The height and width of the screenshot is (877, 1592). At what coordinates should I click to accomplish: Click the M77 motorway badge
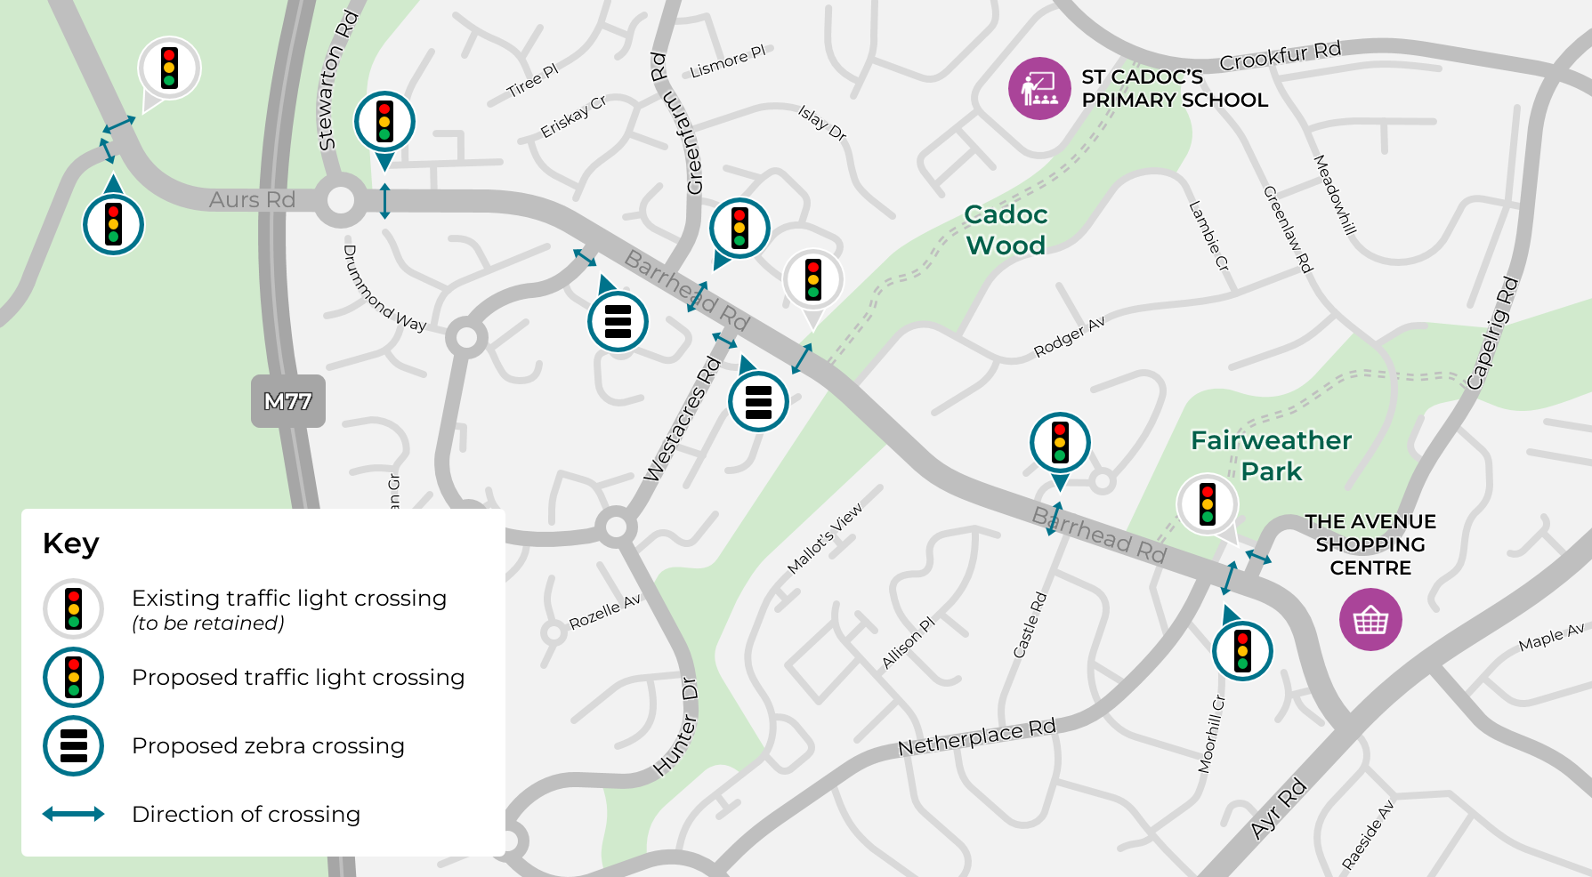point(287,401)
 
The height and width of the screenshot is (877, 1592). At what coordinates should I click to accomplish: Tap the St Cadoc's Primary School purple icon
point(1038,88)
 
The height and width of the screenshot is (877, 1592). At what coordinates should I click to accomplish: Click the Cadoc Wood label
point(1006,229)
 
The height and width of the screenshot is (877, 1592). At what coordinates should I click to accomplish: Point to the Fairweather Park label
point(1271,455)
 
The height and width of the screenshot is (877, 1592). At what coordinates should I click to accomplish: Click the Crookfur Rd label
point(1280,56)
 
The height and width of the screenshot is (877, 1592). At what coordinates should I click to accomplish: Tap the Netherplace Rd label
point(976,737)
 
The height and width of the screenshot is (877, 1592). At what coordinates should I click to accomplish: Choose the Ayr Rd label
point(1279,808)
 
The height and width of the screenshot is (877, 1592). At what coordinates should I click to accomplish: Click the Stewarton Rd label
point(338,80)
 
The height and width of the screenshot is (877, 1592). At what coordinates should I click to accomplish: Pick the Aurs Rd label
point(252,200)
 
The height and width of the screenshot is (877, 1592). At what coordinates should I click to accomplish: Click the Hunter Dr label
point(676,727)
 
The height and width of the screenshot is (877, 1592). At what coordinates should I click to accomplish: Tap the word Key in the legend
point(71,543)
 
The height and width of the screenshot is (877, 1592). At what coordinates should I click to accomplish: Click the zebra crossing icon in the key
point(74,745)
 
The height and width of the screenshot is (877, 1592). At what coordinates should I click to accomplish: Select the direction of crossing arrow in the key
point(74,814)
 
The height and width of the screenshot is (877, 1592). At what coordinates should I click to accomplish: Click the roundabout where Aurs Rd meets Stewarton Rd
point(341,200)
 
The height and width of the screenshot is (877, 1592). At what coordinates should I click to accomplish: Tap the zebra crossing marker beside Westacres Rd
point(758,401)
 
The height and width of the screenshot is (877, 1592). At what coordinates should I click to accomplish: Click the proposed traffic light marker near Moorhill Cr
point(1242,650)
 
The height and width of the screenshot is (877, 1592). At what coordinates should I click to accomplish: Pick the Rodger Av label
point(1070,336)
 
